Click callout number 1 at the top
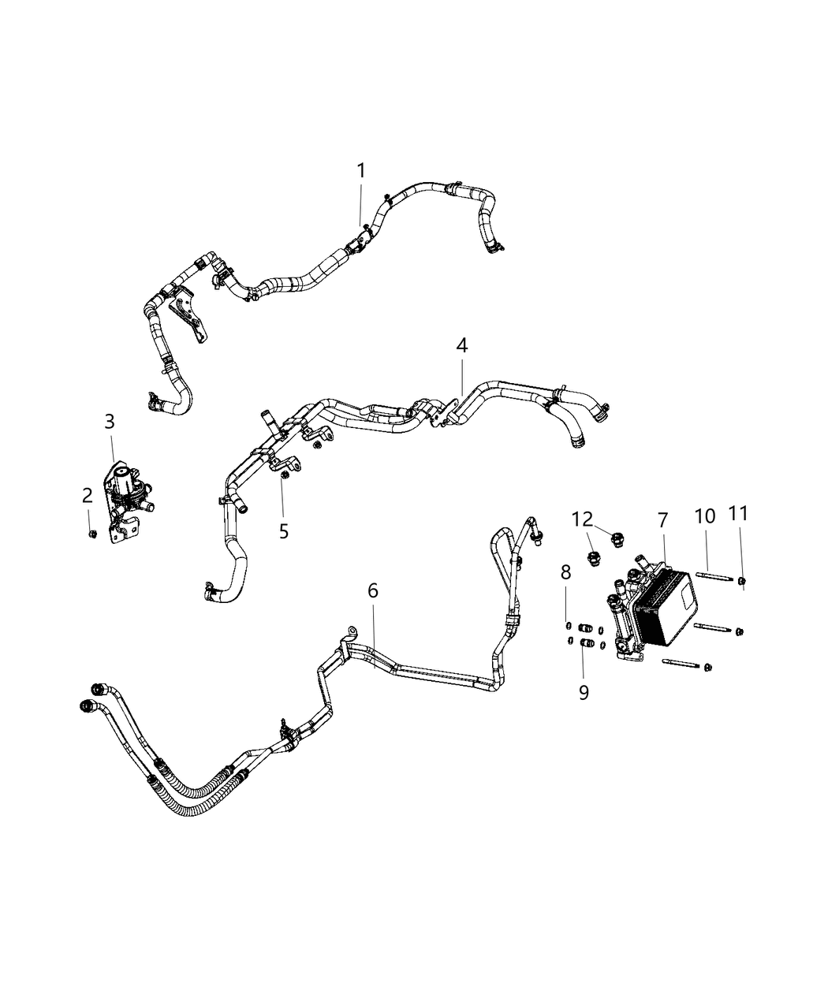tap(360, 170)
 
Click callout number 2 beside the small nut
tap(88, 495)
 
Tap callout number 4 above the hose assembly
tap(461, 345)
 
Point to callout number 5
tap(283, 531)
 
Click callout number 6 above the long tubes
tap(373, 590)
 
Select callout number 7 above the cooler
tap(662, 519)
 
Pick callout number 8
tap(565, 571)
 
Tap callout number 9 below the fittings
tap(584, 692)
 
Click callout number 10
tap(704, 516)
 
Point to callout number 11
tap(738, 514)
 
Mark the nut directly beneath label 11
tap(743, 582)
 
